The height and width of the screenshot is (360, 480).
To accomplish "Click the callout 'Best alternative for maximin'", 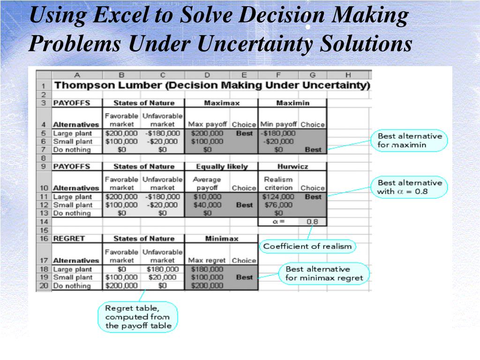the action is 410,140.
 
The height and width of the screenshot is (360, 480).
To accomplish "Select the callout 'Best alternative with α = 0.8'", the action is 409,187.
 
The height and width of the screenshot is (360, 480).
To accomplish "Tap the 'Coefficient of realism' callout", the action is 307,246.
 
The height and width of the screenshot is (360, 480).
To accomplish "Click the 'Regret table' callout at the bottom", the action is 138,317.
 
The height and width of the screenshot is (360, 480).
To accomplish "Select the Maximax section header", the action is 221,103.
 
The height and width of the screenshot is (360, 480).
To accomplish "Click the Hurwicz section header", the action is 292,166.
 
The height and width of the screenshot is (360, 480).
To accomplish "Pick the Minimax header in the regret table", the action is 221,239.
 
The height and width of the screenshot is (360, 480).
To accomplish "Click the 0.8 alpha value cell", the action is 312,222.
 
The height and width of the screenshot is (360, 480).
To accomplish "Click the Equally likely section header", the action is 221,166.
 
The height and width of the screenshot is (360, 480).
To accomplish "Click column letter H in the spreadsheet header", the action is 348,75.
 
